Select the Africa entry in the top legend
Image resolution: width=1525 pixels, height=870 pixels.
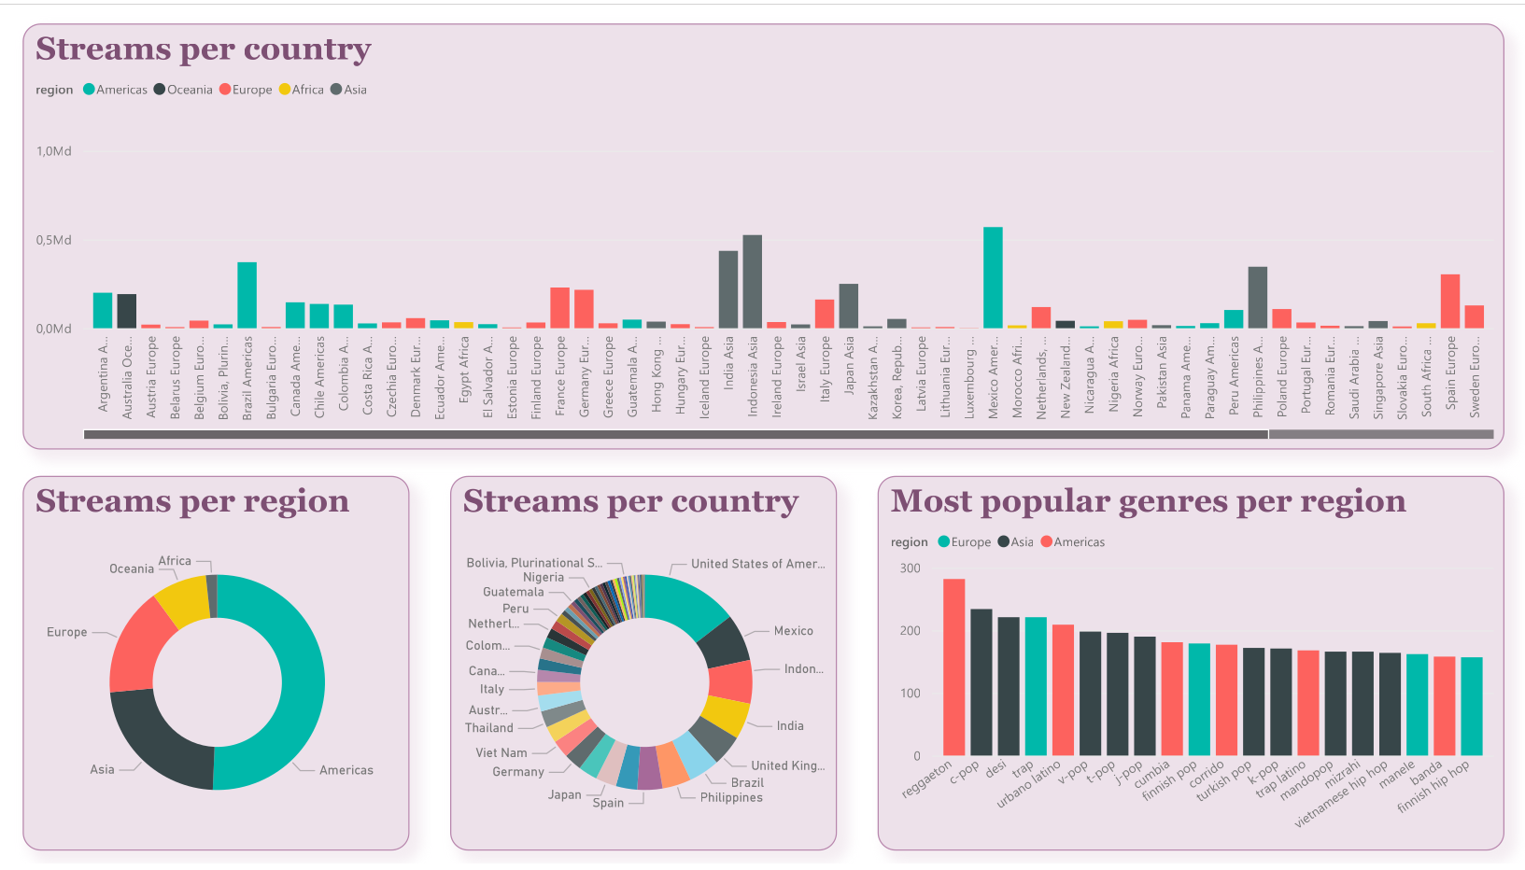pos(306,90)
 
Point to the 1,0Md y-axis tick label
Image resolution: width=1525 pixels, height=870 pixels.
pos(54,151)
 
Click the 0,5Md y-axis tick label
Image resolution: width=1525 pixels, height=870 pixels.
pos(54,240)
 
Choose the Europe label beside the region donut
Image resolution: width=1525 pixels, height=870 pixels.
pos(67,632)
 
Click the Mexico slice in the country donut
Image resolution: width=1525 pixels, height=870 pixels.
pos(724,642)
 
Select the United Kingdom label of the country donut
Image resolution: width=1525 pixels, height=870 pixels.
pos(787,765)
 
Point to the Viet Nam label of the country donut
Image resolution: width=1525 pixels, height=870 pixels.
pos(501,752)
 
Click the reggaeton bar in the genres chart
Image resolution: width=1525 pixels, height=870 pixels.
pos(953,667)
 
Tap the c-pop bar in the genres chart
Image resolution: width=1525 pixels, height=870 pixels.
pos(981,681)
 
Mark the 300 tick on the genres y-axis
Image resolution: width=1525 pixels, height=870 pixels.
pos(910,568)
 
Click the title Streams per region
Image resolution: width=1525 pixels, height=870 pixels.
pos(192,501)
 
